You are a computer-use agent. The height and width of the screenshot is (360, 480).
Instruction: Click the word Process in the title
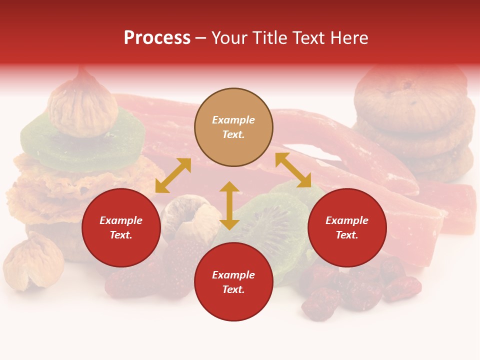[157, 38]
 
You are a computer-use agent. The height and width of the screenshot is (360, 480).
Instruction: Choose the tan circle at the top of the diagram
[233, 127]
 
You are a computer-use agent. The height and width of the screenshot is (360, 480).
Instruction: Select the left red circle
[121, 227]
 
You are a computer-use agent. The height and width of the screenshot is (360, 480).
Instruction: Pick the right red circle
[347, 227]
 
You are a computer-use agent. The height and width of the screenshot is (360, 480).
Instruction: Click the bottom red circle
[233, 281]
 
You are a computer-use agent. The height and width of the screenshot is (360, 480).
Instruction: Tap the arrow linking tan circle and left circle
[173, 175]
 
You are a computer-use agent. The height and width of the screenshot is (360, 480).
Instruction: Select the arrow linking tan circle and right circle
[293, 170]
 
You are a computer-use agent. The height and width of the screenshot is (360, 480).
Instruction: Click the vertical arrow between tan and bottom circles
[229, 205]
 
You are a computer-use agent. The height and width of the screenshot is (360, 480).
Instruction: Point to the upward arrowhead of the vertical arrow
[229, 186]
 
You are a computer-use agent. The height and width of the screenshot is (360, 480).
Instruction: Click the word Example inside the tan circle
[233, 120]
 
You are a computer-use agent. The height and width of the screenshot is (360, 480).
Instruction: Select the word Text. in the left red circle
[121, 235]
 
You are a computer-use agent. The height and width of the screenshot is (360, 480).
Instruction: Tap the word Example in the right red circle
[347, 220]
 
